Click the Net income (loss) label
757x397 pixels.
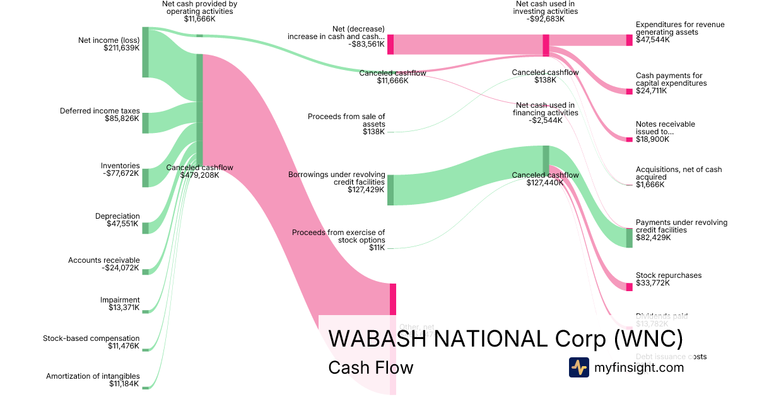[x=109, y=40]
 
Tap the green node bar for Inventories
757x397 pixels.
[x=145, y=178]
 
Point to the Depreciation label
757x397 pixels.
[x=117, y=216]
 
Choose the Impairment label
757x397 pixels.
[x=120, y=300]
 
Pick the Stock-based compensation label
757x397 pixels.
[x=91, y=338]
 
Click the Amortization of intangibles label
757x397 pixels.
[x=93, y=376]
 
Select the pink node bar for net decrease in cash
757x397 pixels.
[x=390, y=44]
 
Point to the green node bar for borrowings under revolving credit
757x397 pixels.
[x=390, y=190]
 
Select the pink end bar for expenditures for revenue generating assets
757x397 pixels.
[x=629, y=40]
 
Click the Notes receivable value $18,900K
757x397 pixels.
[x=652, y=139]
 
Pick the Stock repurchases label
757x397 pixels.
[x=669, y=275]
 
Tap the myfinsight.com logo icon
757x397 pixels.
[x=579, y=367]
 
